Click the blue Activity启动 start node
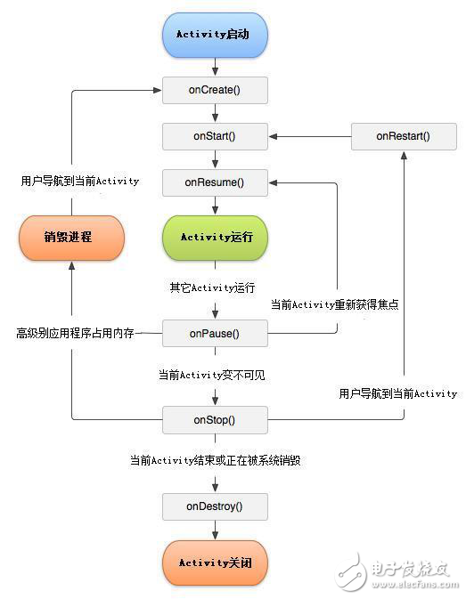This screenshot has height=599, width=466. point(215,36)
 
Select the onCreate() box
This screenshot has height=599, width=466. point(215,90)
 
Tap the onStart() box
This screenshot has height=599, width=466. point(215,137)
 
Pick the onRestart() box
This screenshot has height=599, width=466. point(403,136)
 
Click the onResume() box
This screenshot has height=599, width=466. point(215,183)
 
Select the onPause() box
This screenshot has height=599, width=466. point(215,334)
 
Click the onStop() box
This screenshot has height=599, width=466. point(215,419)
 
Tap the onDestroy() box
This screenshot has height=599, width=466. point(215,506)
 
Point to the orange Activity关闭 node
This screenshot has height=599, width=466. point(215,563)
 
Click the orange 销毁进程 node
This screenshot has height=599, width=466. point(71,238)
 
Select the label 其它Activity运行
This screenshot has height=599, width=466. point(212,287)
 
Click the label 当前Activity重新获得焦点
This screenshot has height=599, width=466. point(334,304)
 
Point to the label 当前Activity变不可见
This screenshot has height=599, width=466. point(211,376)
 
